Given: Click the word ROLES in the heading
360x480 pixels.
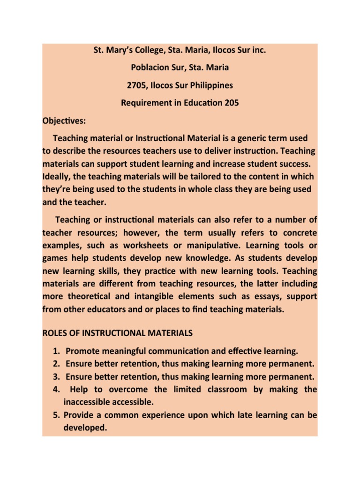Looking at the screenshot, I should (x=56, y=333).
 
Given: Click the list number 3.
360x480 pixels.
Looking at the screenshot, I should (x=55, y=376).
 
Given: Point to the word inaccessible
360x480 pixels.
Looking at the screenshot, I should (x=87, y=402).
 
